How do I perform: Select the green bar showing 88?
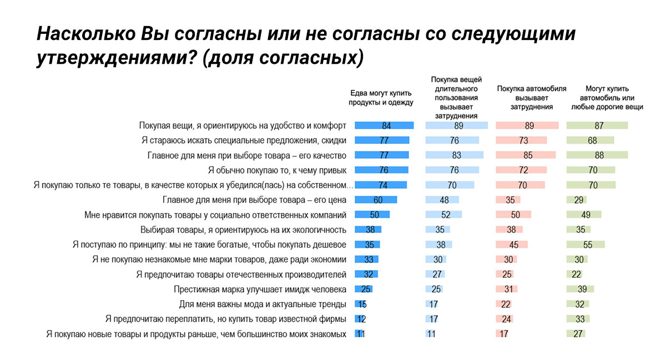pos(597,155)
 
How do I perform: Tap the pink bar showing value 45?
pos(511,245)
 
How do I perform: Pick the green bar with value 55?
pos(586,245)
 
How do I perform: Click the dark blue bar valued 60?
pos(376,200)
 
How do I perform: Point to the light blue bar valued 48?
pos(442,200)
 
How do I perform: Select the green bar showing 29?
pos(577,200)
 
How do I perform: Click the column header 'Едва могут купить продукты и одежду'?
pos(380,98)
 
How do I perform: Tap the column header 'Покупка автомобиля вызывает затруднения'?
pos(531,98)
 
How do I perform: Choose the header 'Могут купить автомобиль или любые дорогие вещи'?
pos(607,98)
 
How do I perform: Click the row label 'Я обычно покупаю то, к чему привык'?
pos(277,170)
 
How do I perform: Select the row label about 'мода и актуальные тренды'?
pos(263,304)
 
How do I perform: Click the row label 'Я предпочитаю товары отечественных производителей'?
pos(241,274)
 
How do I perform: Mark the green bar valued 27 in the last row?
pos(576,334)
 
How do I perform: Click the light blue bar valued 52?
pos(443,215)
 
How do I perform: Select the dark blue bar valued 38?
pos(367,230)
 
